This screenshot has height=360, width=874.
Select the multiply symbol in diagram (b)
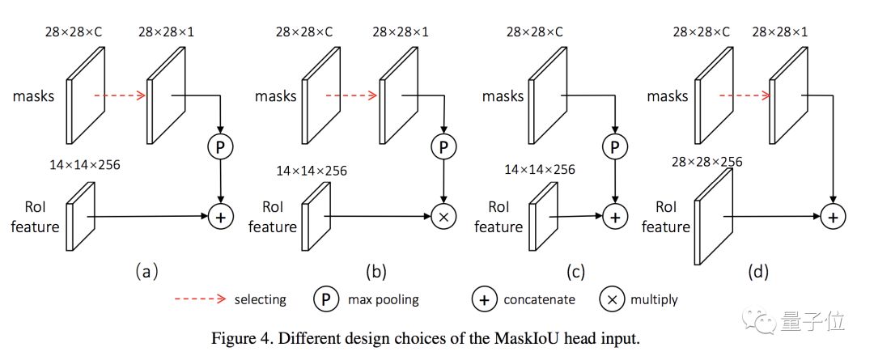click(443, 216)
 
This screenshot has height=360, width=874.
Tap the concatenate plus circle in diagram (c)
click(617, 216)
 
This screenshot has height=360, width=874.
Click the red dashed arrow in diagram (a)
click(119, 95)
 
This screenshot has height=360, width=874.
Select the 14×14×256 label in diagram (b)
click(312, 171)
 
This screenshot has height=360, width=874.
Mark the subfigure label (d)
click(757, 272)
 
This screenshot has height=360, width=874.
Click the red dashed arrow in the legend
click(200, 299)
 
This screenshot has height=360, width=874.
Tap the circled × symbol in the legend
click(611, 299)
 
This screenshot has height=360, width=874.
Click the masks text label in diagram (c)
click(503, 96)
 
